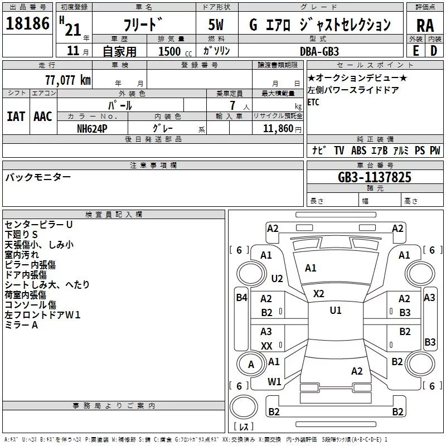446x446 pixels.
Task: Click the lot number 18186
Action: pyautogui.click(x=27, y=23)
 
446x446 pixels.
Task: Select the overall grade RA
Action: pyautogui.click(x=425, y=25)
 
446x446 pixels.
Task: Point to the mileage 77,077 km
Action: pyautogui.click(x=67, y=80)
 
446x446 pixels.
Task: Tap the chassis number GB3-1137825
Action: pyautogui.click(x=375, y=177)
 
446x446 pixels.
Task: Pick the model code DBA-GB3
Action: pyautogui.click(x=319, y=51)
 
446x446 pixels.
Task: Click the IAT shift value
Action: pyautogui.click(x=16, y=117)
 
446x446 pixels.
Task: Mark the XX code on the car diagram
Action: pyautogui.click(x=266, y=346)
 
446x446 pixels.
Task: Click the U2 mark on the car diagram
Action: pyautogui.click(x=277, y=278)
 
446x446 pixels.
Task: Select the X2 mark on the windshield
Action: pyautogui.click(x=319, y=293)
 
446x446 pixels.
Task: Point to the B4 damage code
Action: pyautogui.click(x=241, y=298)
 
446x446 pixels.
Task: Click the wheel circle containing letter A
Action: pyautogui.click(x=251, y=365)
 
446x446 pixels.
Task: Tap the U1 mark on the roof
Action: pyautogui.click(x=335, y=311)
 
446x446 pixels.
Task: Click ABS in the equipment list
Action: pyautogui.click(x=358, y=151)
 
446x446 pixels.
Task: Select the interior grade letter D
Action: pyautogui.click(x=434, y=50)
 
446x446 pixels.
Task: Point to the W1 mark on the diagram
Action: pyautogui.click(x=274, y=382)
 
